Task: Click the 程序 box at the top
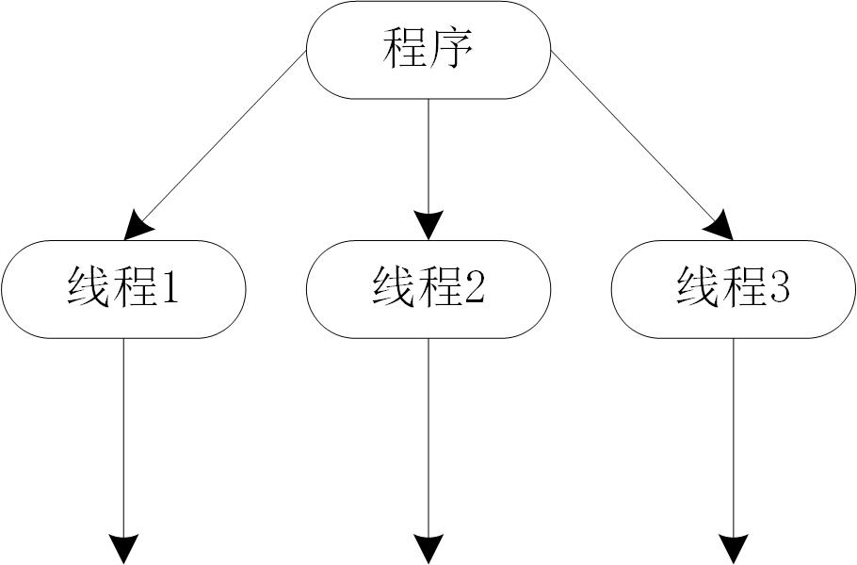tap(428, 50)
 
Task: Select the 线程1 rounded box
tap(123, 289)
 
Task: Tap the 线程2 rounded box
tap(428, 289)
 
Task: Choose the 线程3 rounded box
tap(733, 289)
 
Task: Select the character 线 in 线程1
tap(89, 288)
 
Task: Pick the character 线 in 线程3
tap(698, 288)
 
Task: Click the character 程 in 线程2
tap(440, 288)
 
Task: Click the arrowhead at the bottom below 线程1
tap(123, 548)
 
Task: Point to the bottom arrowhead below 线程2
tap(428, 548)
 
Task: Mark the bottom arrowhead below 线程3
tap(734, 548)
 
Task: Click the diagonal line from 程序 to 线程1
tap(226, 133)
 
